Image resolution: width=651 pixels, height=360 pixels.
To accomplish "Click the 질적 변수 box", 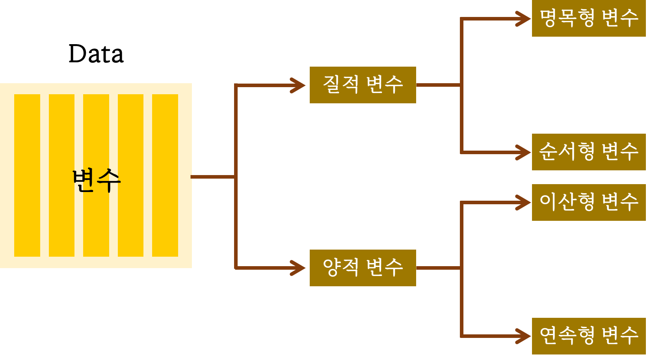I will pyautogui.click(x=363, y=85).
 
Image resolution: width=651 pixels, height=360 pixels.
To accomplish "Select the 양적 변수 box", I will pyautogui.click(x=363, y=268).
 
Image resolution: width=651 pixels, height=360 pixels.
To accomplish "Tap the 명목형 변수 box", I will pyautogui.click(x=588, y=19).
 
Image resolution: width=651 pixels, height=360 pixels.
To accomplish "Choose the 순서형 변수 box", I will pyautogui.click(x=588, y=152).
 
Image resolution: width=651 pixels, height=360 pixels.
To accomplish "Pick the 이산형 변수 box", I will pyautogui.click(x=588, y=202).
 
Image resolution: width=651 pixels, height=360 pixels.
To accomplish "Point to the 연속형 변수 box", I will pyautogui.click(x=588, y=336).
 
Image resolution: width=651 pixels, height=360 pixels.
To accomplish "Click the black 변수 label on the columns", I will pyautogui.click(x=97, y=181).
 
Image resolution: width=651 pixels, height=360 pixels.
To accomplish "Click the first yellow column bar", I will pyautogui.click(x=27, y=175).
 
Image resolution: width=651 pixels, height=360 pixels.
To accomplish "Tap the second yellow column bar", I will pyautogui.click(x=61, y=175).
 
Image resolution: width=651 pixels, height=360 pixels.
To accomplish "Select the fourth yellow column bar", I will pyautogui.click(x=130, y=175).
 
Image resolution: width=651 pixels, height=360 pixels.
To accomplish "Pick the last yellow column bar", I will pyautogui.click(x=165, y=175).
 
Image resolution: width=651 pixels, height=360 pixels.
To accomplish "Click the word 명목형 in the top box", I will pyautogui.click(x=567, y=19).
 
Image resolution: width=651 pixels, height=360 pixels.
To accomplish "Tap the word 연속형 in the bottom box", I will pyautogui.click(x=567, y=336).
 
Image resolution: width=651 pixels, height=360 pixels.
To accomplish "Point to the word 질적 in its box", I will pyautogui.click(x=340, y=85).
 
